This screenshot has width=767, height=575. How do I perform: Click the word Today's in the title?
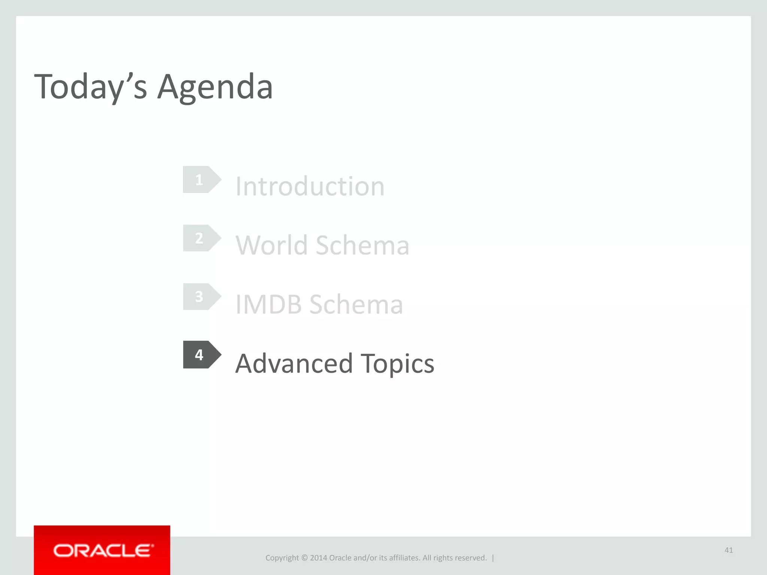tap(90, 87)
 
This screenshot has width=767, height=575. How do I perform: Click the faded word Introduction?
tap(310, 186)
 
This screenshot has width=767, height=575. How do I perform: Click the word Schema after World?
tap(362, 245)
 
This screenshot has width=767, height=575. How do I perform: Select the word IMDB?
tap(268, 304)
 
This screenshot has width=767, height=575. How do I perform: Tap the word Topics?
tap(397, 364)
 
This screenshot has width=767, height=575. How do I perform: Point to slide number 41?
tap(728, 550)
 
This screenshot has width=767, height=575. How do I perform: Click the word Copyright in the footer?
tap(282, 558)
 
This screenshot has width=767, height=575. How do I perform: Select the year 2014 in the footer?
tap(318, 558)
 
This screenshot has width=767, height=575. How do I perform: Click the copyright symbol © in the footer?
tap(304, 558)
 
